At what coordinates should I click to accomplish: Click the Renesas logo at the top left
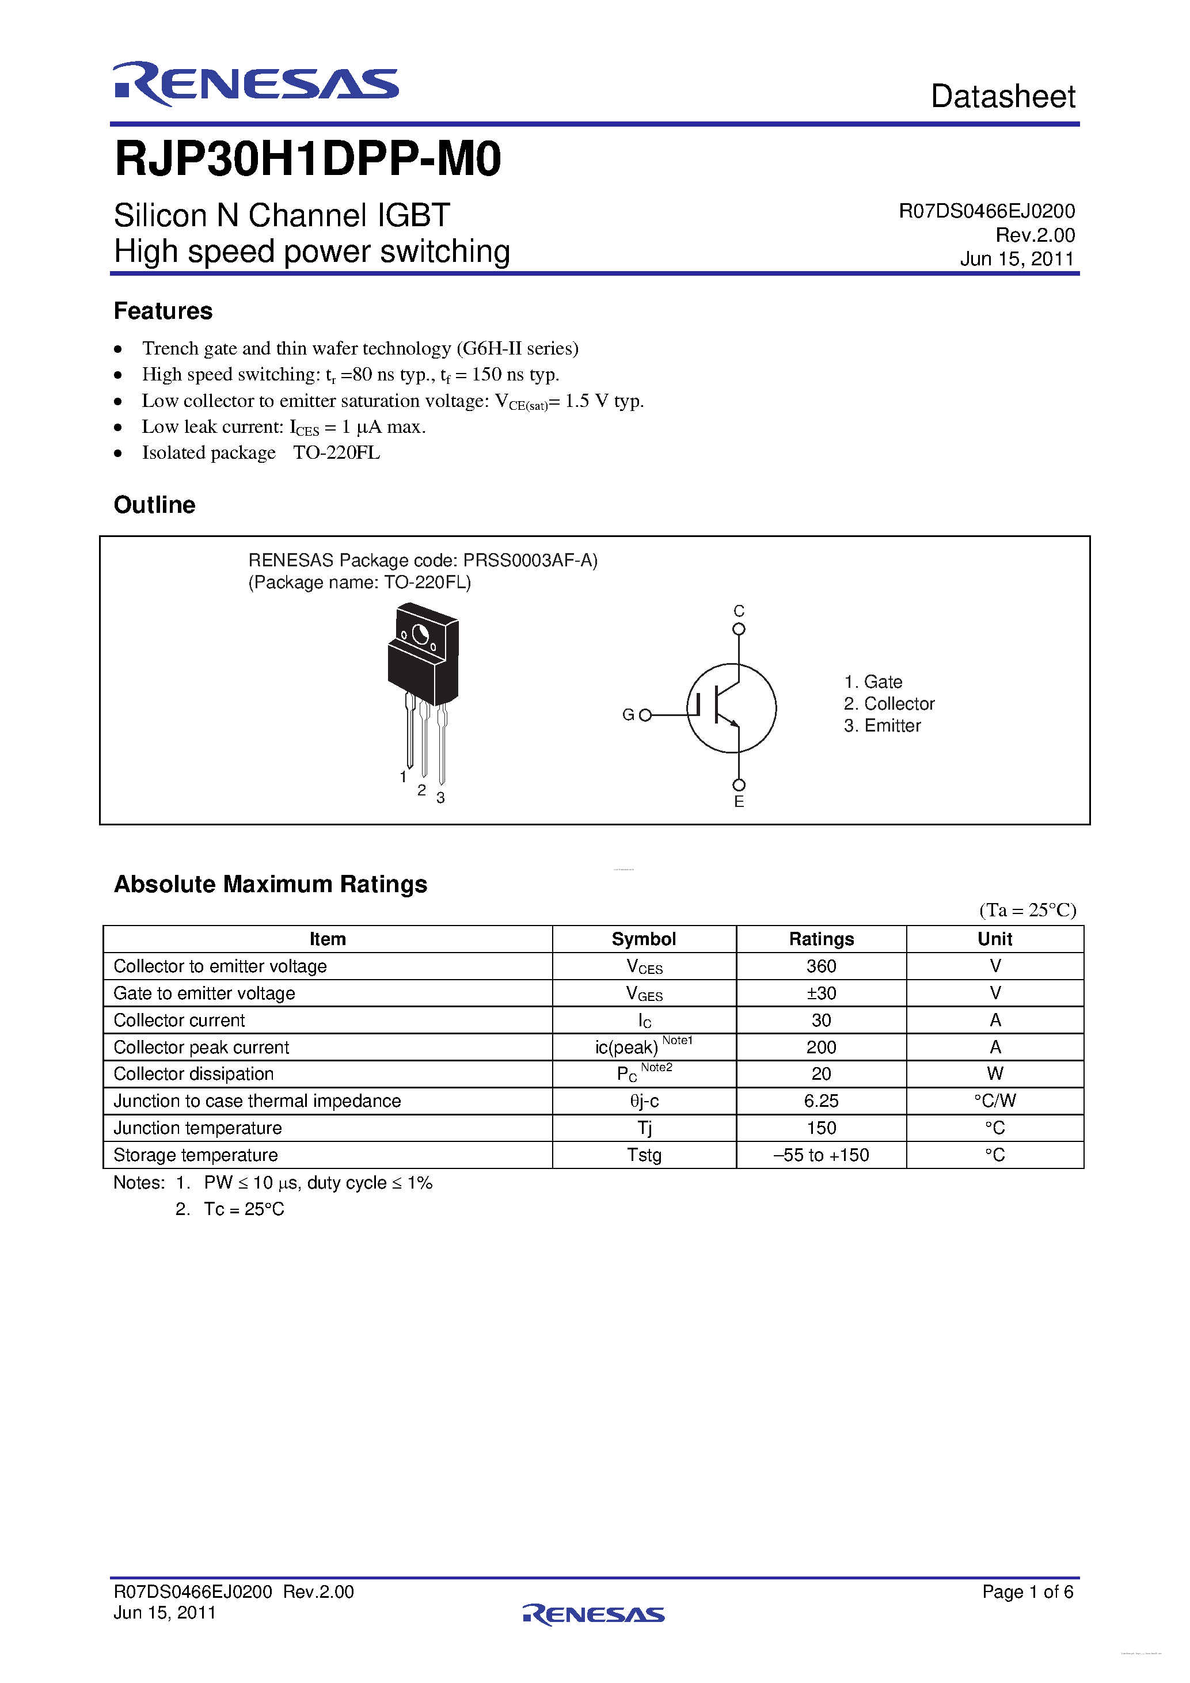(x=255, y=83)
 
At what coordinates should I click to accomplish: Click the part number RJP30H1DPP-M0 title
(x=308, y=159)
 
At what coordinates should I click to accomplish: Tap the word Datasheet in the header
(x=1002, y=97)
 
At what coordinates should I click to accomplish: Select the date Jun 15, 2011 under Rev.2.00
(x=1016, y=259)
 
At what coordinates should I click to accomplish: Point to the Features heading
(x=163, y=311)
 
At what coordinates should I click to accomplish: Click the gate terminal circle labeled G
(x=645, y=715)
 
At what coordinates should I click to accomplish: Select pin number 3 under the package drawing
(x=440, y=798)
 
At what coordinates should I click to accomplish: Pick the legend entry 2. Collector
(x=889, y=704)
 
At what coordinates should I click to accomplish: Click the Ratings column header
(x=820, y=939)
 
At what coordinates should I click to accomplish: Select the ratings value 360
(x=820, y=966)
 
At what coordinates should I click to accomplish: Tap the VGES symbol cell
(x=644, y=993)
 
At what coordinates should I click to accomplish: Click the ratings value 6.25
(x=820, y=1101)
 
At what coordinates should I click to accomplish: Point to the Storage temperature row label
(x=196, y=1155)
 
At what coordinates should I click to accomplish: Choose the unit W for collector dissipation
(x=994, y=1074)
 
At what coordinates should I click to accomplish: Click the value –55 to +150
(x=820, y=1155)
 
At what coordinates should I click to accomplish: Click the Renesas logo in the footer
(x=594, y=1614)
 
